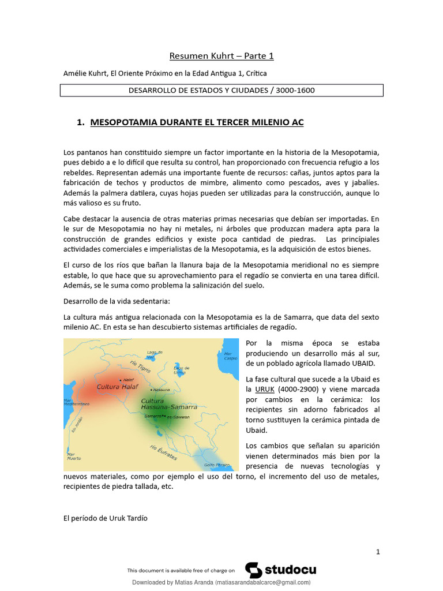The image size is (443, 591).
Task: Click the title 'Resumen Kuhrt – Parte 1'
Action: coord(221,56)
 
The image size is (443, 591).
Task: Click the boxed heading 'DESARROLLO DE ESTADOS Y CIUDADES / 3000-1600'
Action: coord(221,91)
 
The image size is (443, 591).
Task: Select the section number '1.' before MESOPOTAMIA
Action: coord(81,122)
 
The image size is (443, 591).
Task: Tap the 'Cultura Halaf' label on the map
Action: coord(118,387)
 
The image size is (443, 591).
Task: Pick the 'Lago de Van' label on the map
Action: coord(152,354)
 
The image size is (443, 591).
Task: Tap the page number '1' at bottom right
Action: coord(378,552)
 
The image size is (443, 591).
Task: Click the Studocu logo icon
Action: coord(253,570)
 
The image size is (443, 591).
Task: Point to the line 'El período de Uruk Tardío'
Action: coord(105,518)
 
